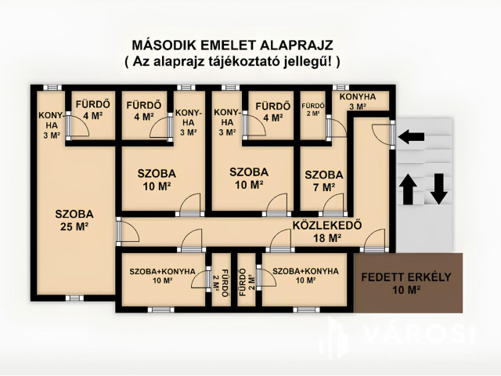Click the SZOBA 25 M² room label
click(74, 220)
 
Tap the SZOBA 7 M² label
click(324, 181)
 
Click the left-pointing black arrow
click(411, 137)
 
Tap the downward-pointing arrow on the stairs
click(438, 189)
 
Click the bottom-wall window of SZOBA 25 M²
click(74, 298)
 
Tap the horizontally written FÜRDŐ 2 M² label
click(313, 109)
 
